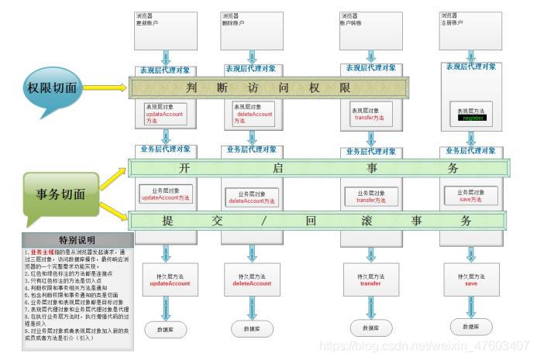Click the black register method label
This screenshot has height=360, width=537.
[x=473, y=118]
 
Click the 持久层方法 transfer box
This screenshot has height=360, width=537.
[x=370, y=279]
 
